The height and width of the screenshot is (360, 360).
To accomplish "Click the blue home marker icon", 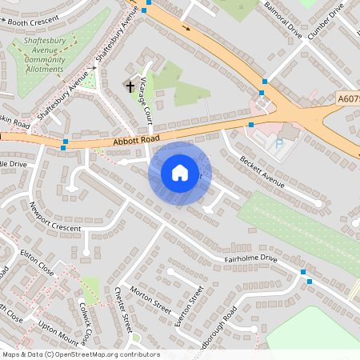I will click(180, 173).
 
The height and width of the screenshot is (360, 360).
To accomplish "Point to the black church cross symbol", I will click(130, 84).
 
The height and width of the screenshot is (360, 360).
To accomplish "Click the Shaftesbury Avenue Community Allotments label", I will click(45, 54).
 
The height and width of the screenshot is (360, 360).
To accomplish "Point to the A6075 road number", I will click(348, 98).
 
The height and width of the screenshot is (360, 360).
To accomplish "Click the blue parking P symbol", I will click(278, 144).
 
